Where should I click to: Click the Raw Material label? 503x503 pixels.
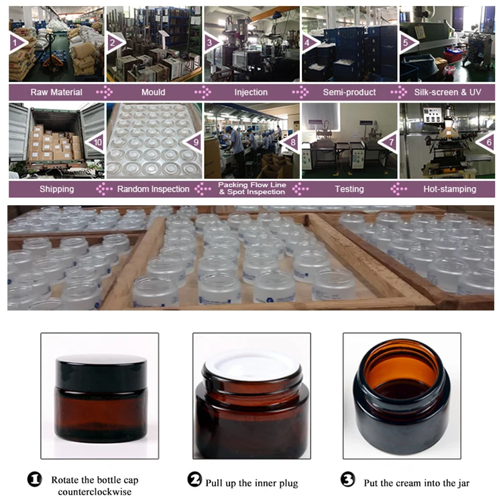point(56,92)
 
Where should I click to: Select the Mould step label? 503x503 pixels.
point(153,92)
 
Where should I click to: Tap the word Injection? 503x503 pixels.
point(251,92)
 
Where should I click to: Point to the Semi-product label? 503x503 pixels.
point(349,92)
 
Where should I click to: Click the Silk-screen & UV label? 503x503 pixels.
point(449,92)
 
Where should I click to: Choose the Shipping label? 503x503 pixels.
point(56,189)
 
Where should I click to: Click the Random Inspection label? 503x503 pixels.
point(153,189)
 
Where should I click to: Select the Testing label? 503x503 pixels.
point(349,189)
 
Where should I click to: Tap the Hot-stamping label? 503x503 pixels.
point(449,189)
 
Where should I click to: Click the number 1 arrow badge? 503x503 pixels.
point(17,42)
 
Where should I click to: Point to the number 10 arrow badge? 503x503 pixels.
point(97,142)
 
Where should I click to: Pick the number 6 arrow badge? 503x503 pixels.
point(488,142)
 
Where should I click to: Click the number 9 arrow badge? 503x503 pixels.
point(195,142)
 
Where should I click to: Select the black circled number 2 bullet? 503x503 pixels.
point(194,480)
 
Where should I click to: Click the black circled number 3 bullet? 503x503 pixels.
point(348,480)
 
